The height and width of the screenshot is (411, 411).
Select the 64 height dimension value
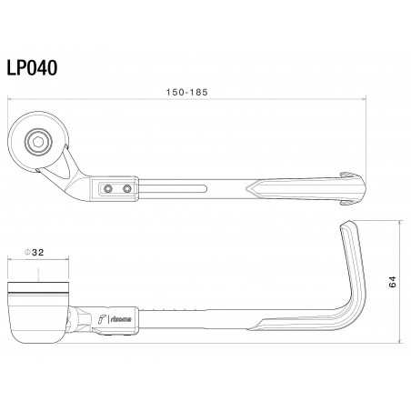click(x=392, y=282)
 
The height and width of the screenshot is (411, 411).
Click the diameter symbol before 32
click(x=29, y=252)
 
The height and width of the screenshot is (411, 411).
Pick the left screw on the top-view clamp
click(x=108, y=188)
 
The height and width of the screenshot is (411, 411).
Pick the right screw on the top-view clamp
click(x=126, y=188)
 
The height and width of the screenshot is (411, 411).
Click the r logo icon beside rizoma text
click(x=104, y=318)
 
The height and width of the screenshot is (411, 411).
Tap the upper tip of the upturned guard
click(x=346, y=226)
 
